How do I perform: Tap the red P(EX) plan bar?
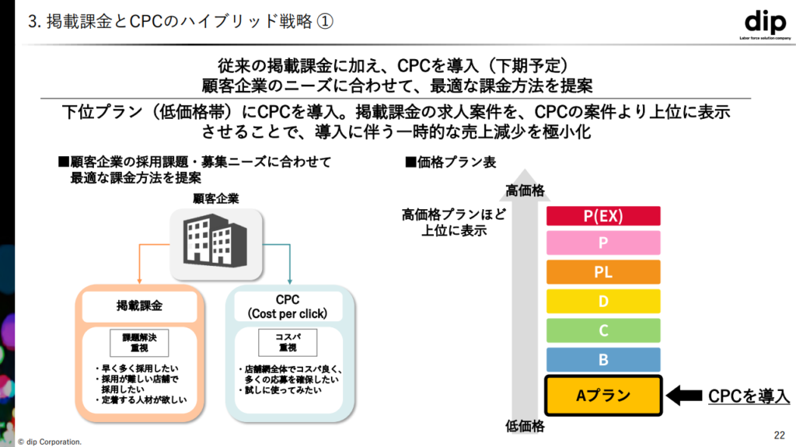click(x=603, y=216)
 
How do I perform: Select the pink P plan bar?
click(x=603, y=243)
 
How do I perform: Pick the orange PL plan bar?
click(x=603, y=272)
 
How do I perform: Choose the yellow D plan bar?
click(x=603, y=301)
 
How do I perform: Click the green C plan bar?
click(x=603, y=330)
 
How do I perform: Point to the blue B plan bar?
click(x=603, y=359)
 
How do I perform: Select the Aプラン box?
click(x=603, y=395)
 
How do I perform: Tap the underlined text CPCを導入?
click(x=749, y=396)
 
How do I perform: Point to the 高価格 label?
click(x=525, y=190)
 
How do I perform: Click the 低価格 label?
click(x=525, y=427)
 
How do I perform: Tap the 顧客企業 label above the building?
click(x=216, y=199)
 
